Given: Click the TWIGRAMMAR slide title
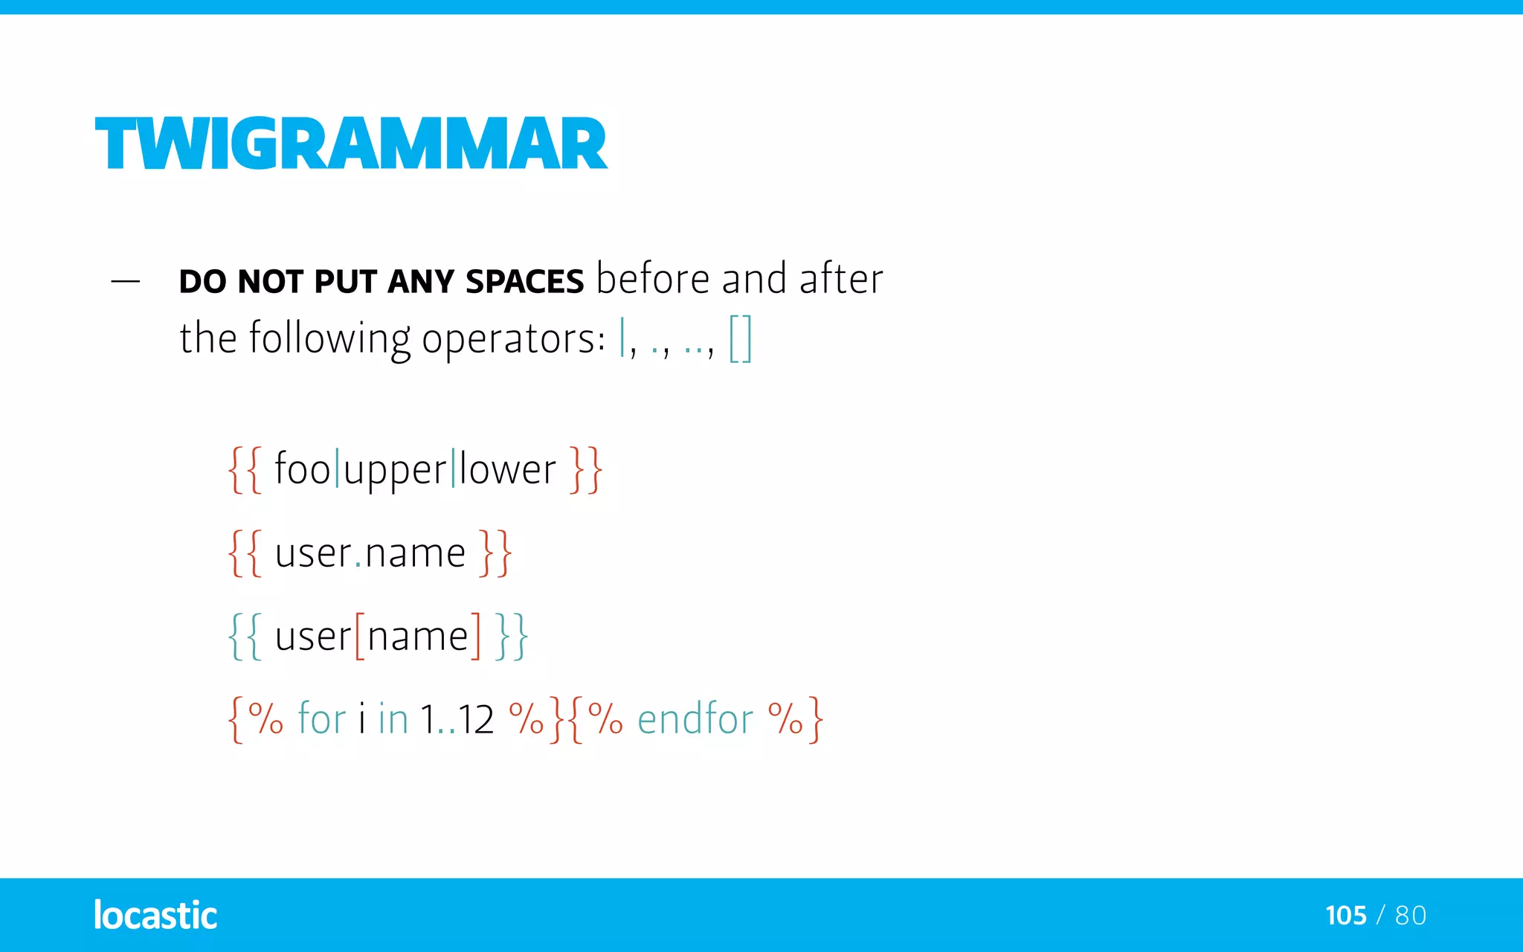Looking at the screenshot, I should click(351, 144).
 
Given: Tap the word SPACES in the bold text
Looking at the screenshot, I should click(524, 282).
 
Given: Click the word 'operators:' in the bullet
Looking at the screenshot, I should click(513, 339).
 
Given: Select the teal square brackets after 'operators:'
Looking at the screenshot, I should click(740, 338).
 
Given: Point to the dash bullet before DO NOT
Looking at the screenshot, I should click(125, 282).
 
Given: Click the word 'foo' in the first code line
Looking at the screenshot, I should click(302, 469).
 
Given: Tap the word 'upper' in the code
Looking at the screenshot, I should click(395, 471).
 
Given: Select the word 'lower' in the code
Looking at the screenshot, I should click(507, 469).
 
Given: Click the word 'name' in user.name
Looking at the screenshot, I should click(415, 553).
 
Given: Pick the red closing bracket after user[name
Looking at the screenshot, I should click(476, 636).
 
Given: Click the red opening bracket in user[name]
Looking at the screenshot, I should click(360, 636).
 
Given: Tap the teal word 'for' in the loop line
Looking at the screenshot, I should click(322, 718).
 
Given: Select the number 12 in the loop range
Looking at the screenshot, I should click(476, 719).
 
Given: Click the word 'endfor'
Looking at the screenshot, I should click(695, 718).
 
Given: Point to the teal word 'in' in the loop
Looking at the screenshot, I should click(393, 718).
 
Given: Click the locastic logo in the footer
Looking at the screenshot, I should click(155, 915).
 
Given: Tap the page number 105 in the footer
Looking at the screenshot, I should click(1346, 915).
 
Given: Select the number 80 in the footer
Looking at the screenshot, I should click(1411, 915).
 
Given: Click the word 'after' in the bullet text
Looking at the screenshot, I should click(841, 279).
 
